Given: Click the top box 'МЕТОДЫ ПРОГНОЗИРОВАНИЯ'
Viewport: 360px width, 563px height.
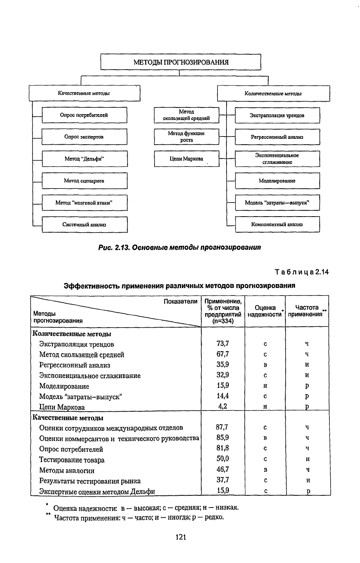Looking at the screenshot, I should point(180,62).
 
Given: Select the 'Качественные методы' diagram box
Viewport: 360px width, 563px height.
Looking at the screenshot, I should point(84,93).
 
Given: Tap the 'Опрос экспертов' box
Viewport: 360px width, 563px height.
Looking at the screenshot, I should point(84,137).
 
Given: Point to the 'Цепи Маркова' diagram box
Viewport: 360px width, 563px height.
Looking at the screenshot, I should point(186,159).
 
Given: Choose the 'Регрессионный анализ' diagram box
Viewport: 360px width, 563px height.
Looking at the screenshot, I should point(277,137).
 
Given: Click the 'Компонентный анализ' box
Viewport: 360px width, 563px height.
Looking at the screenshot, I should point(277,224).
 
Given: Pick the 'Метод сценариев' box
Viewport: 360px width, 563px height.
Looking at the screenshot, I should point(84,181).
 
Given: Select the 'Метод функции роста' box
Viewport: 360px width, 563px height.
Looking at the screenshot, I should point(186,136).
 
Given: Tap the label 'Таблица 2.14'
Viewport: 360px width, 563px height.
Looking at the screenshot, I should point(302,272).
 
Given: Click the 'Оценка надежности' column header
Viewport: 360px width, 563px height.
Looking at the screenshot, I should point(265,311).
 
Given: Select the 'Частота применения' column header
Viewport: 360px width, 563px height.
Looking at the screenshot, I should point(307,311).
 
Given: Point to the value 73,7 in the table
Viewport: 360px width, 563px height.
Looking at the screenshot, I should point(223,344).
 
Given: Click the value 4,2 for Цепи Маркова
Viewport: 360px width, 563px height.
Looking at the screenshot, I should point(223,406).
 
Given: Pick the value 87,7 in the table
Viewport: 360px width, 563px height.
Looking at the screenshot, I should point(223,427).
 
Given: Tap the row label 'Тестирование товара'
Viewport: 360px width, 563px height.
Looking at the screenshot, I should point(72,460).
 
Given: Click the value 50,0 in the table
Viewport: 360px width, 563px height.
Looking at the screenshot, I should point(223,459).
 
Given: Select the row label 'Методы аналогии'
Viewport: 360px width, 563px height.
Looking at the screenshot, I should point(67,470).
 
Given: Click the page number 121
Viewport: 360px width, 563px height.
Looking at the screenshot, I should point(180,537).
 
